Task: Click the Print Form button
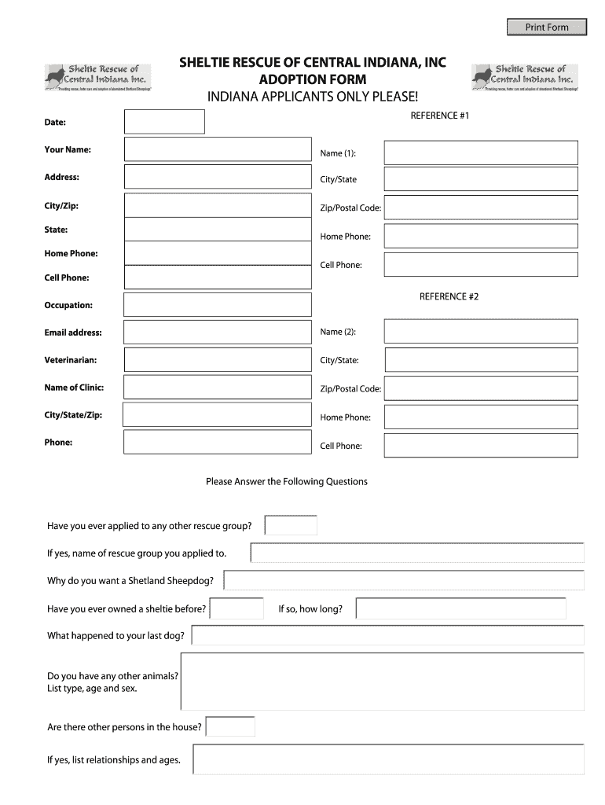tap(547, 28)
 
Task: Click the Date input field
tap(164, 122)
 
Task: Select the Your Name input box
tap(218, 149)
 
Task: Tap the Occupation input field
tap(218, 305)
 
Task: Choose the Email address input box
tap(218, 333)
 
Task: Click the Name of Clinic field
tap(218, 388)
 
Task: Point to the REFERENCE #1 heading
tap(440, 116)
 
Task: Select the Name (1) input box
tap(481, 153)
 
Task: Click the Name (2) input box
tap(481, 332)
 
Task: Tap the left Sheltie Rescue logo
tap(97, 77)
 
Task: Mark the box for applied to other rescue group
tap(291, 525)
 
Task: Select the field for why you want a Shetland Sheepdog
tap(404, 580)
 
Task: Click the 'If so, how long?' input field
tap(460, 608)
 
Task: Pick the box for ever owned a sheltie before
tap(237, 608)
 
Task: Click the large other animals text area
tap(383, 682)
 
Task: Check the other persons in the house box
tap(230, 726)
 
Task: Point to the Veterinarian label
tap(71, 360)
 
